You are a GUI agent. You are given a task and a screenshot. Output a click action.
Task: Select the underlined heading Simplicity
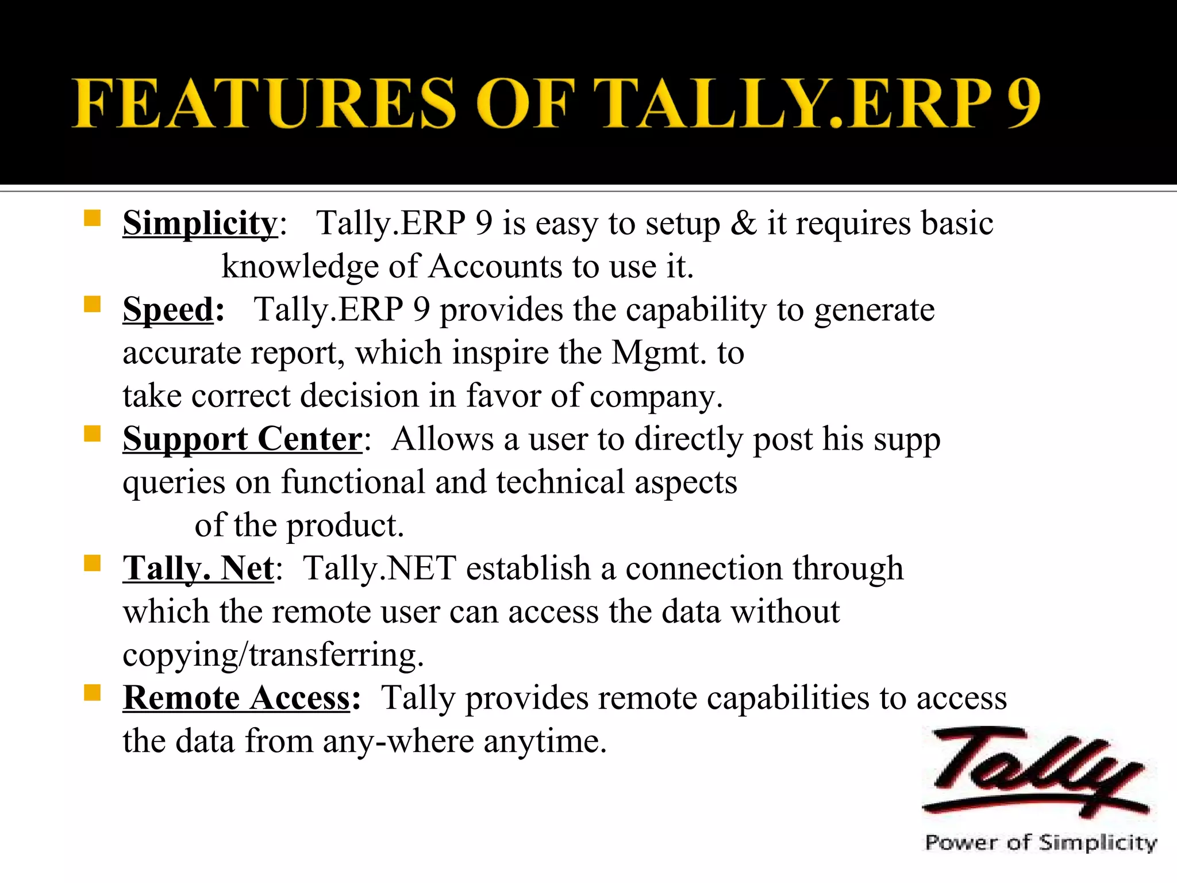(200, 223)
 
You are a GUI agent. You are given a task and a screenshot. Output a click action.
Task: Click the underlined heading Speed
(168, 309)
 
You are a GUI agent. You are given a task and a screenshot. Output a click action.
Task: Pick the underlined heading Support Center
(242, 439)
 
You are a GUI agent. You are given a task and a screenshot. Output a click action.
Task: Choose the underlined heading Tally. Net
(198, 569)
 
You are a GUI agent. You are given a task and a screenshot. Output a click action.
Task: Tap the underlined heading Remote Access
(236, 698)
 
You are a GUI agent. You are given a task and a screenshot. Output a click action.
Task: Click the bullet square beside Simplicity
(92, 218)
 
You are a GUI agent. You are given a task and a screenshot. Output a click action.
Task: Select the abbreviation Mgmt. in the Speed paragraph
(659, 353)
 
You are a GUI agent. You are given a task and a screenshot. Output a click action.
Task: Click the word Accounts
(495, 267)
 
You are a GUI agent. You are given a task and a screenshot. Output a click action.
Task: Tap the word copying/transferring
(273, 655)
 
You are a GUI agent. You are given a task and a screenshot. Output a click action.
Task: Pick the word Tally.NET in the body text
(379, 569)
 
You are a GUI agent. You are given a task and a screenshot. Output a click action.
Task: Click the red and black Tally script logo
(1034, 773)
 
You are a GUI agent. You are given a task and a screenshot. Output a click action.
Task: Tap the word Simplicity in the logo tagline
(1098, 843)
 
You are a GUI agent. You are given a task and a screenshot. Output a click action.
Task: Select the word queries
(174, 483)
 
